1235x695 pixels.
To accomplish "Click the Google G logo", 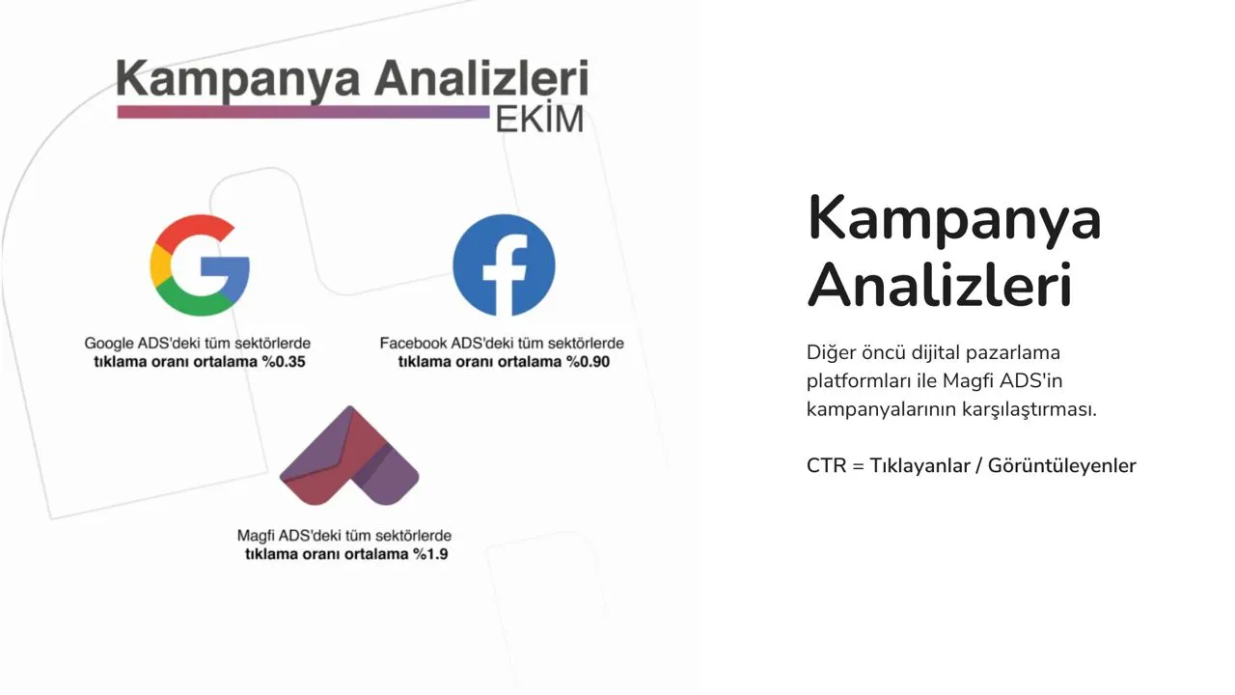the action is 200,265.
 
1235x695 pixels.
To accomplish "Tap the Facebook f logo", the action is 504,265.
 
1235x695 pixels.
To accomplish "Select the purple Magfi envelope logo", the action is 349,456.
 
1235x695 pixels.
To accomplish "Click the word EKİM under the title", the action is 539,119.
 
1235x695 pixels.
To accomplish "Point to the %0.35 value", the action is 284,362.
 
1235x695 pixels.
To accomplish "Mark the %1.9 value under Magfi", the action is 430,554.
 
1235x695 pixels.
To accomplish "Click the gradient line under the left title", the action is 303,112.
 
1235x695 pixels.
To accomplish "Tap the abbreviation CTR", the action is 826,466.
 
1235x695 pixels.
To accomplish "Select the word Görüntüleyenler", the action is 1062,466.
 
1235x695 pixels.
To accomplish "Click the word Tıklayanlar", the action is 919,466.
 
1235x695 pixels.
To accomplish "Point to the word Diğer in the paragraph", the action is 831,353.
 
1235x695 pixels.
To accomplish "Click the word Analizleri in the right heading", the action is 940,285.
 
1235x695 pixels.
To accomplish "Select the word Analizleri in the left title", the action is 481,78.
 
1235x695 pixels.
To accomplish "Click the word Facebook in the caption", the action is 414,343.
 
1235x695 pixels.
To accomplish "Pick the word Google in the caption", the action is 109,343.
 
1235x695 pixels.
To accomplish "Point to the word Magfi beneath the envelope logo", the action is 256,535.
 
